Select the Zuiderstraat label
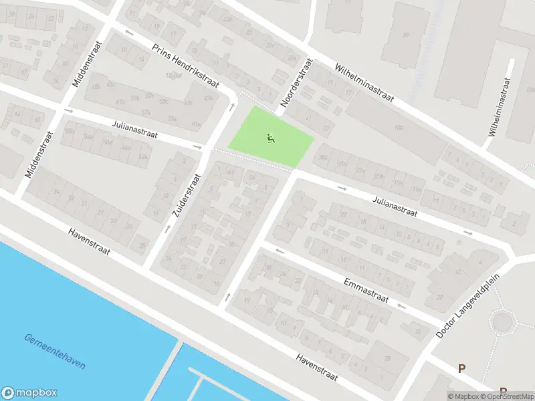click(187, 195)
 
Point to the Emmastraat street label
click(366, 289)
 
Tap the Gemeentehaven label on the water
click(54, 351)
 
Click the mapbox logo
click(29, 393)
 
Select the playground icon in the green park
click(271, 139)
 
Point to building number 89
click(405, 35)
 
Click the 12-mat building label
click(173, 76)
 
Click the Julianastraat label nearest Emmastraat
click(395, 205)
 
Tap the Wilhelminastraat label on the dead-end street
click(500, 107)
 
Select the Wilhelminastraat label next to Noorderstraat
click(364, 84)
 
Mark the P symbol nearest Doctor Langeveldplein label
click(461, 368)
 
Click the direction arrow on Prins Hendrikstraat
click(129, 32)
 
